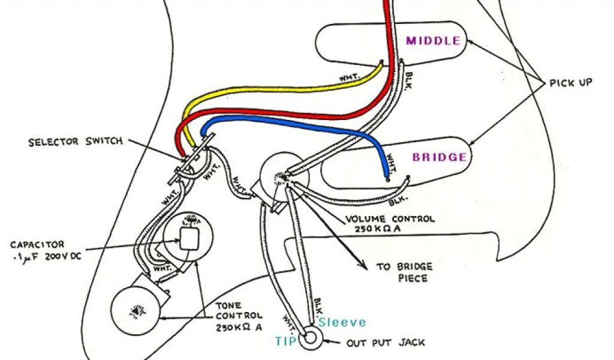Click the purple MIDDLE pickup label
tap(434, 41)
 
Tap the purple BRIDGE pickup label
tap(439, 157)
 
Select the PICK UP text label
tap(571, 83)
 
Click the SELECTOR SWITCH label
tap(76, 142)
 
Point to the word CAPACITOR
tap(38, 245)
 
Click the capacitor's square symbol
tap(190, 238)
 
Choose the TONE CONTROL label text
tap(238, 315)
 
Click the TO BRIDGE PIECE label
tap(404, 272)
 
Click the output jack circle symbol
tap(311, 338)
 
